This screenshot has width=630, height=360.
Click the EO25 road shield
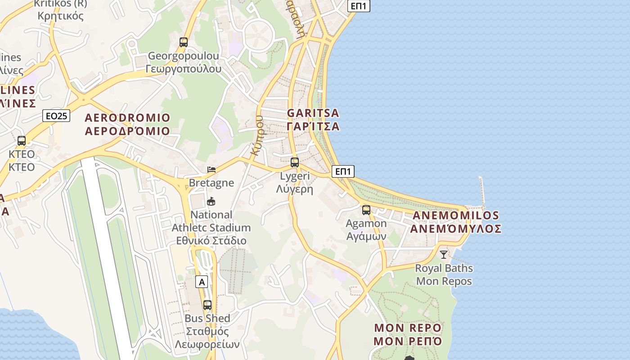(57, 116)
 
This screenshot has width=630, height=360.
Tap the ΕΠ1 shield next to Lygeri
(343, 171)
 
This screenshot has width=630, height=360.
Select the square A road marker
(202, 282)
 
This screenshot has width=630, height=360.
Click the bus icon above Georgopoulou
(184, 42)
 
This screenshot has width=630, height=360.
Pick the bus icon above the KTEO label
(22, 140)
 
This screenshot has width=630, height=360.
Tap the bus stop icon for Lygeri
(295, 162)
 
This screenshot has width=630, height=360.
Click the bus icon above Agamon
(366, 210)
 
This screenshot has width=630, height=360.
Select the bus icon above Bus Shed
(207, 305)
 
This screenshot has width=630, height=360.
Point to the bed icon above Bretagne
(211, 169)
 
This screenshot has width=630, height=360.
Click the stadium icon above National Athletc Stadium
(211, 201)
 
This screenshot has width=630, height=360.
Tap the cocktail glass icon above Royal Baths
(444, 254)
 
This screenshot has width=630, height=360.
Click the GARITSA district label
(313, 119)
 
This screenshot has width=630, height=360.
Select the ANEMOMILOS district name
(455, 222)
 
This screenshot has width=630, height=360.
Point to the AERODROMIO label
(128, 124)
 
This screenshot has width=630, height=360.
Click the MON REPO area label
(408, 334)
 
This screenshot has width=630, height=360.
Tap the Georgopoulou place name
(184, 62)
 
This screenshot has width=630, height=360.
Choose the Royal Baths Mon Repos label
(444, 274)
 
